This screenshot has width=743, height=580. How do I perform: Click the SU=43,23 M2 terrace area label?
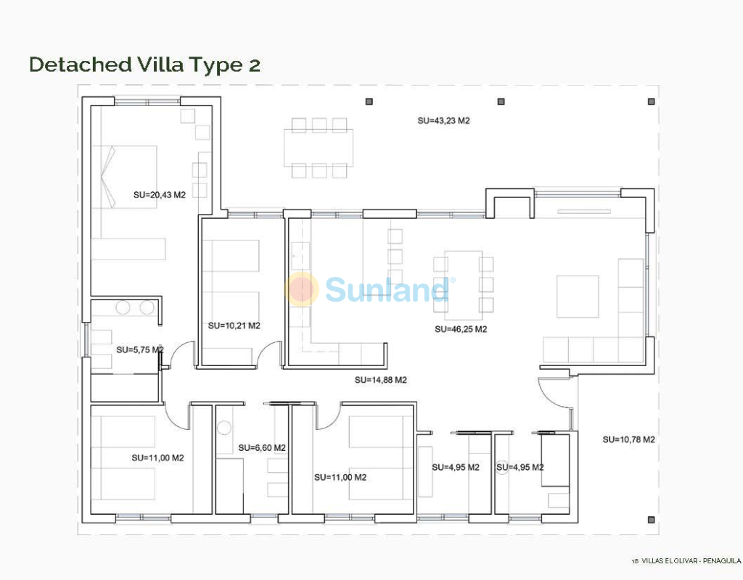click(443, 121)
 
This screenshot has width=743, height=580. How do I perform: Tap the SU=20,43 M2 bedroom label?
click(159, 194)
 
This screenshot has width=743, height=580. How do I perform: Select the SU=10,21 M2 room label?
click(234, 326)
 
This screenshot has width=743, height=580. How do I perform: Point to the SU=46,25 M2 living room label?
click(461, 329)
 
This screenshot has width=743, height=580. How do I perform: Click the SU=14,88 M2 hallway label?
click(380, 380)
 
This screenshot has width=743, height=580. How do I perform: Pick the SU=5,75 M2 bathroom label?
click(140, 350)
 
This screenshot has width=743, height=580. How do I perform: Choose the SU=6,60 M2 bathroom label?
click(262, 448)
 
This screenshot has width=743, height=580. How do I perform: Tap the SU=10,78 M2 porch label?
click(629, 439)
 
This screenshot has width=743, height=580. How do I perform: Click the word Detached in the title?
click(81, 65)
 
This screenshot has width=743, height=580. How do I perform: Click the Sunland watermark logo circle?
click(302, 289)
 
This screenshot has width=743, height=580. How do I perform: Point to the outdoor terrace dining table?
click(319, 147)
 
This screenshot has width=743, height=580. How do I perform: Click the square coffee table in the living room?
click(578, 297)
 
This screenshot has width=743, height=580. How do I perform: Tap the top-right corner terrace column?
click(651, 101)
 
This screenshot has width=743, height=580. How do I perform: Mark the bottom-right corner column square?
click(651, 520)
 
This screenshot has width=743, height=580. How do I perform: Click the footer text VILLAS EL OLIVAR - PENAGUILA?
click(691, 561)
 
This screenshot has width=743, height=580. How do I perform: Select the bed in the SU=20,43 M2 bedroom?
click(124, 177)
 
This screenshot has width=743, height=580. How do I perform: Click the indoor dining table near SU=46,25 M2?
click(464, 285)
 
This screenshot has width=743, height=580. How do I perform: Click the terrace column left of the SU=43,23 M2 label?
click(369, 101)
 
